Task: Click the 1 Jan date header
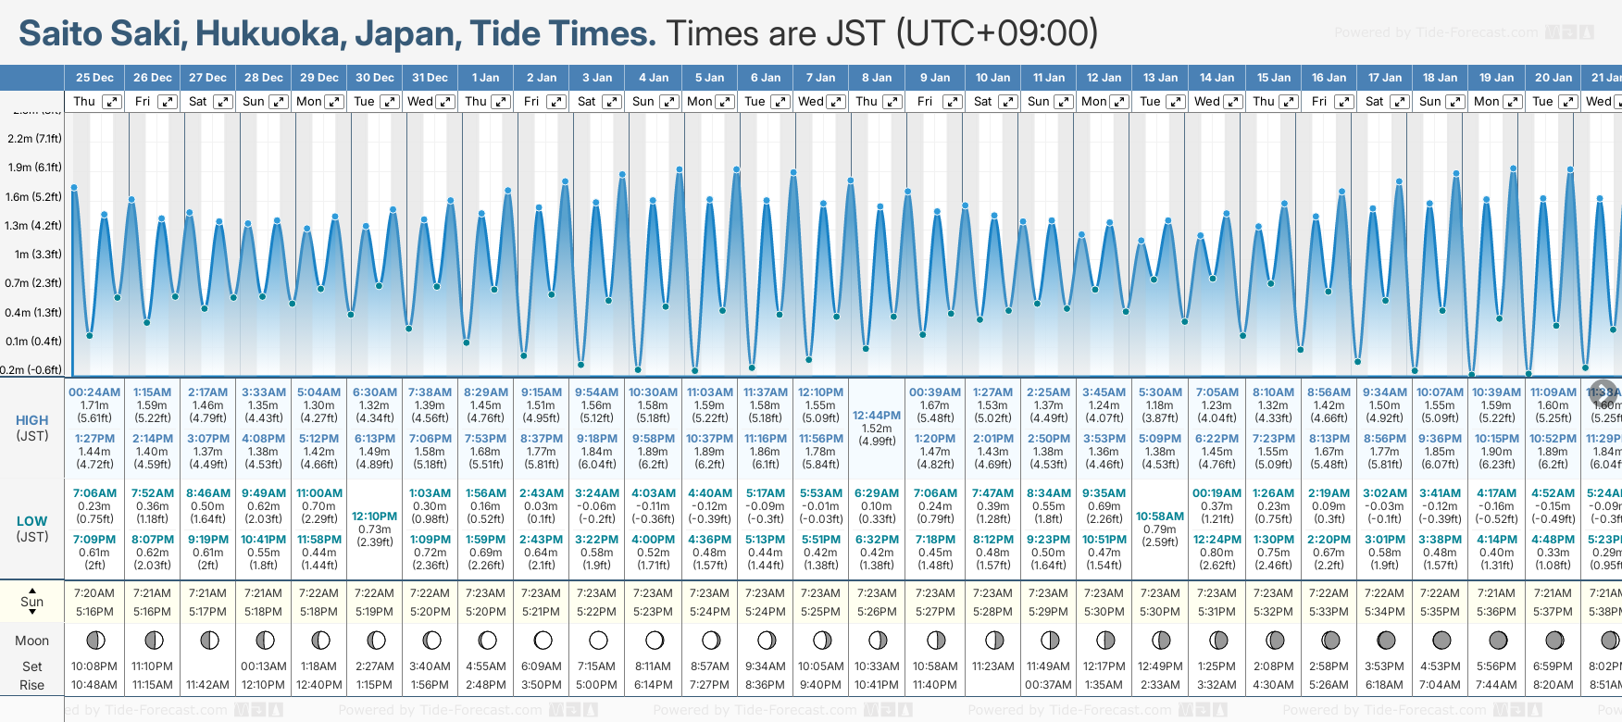[x=485, y=78]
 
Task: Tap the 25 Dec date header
[x=94, y=78]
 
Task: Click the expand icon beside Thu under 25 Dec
[x=112, y=102]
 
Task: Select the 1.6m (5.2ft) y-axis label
[x=33, y=196]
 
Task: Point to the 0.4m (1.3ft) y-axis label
[x=33, y=312]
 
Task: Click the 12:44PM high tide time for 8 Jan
[x=877, y=416]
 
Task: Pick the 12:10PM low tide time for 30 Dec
[x=375, y=517]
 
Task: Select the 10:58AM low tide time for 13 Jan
[x=1160, y=517]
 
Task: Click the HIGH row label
[x=32, y=420]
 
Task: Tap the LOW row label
[x=32, y=521]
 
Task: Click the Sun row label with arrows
[x=32, y=602]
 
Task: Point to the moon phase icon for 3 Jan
[x=598, y=640]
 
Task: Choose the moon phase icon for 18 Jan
[x=1441, y=640]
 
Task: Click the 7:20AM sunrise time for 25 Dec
[x=94, y=593]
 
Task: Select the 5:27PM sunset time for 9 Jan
[x=935, y=612]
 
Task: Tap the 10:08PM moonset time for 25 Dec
[x=94, y=666]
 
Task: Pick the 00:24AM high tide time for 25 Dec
[x=94, y=392]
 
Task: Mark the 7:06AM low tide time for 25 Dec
[x=94, y=493]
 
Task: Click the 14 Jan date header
[x=1216, y=78]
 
